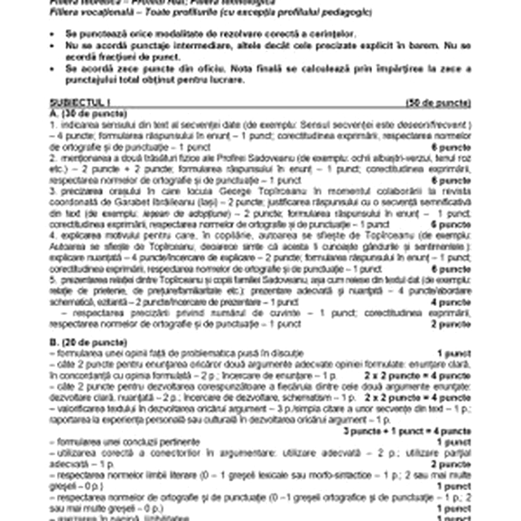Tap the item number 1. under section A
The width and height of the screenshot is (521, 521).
click(51, 125)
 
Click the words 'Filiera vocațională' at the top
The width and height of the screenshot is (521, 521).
click(84, 11)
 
